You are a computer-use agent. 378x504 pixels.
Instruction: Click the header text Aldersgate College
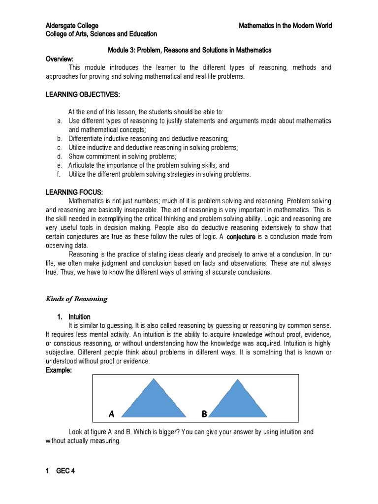tap(72, 26)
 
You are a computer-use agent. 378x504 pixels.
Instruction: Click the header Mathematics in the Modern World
tap(285, 26)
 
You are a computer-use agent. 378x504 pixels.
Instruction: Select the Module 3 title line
tap(189, 50)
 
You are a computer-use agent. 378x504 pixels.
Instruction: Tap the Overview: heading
tap(60, 59)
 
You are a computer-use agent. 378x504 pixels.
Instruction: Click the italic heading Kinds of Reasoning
tap(76, 299)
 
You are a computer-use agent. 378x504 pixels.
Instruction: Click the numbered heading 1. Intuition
tap(72, 316)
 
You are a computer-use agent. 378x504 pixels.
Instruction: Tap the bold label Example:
tap(59, 371)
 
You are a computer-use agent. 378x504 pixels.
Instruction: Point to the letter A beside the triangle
tap(112, 414)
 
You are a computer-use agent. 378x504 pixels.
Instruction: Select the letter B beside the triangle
tap(204, 414)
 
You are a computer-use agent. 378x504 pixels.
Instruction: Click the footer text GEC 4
tap(66, 471)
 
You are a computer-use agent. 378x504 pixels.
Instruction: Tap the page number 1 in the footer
tap(48, 471)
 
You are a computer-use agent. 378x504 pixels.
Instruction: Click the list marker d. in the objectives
tap(59, 157)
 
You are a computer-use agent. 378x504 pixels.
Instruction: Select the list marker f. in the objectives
tap(59, 174)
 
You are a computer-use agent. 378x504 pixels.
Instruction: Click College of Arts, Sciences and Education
tap(101, 34)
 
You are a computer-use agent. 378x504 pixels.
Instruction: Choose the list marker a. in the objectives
tap(59, 121)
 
